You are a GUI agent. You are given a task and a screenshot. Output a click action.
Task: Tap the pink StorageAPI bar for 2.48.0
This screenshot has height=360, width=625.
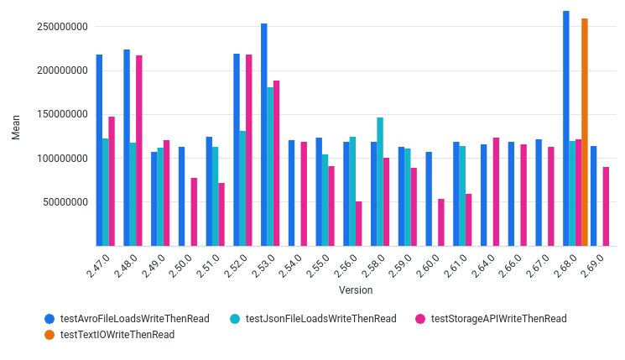tap(139, 150)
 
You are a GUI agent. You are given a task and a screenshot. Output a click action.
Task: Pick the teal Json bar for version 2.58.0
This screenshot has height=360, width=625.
tap(380, 181)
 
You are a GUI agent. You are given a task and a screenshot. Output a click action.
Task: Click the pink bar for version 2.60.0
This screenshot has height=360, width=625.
tap(441, 222)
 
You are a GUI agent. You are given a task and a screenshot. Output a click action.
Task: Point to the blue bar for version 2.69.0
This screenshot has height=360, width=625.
tap(593, 196)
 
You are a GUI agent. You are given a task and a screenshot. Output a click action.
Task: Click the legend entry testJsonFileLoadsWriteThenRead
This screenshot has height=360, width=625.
tap(320, 319)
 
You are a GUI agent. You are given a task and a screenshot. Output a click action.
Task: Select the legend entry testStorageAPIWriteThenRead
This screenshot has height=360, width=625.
tap(498, 319)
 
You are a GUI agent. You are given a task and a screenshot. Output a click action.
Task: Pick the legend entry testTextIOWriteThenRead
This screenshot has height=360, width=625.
tap(117, 335)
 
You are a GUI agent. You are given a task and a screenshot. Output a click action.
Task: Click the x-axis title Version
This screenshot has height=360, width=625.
tap(356, 290)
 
